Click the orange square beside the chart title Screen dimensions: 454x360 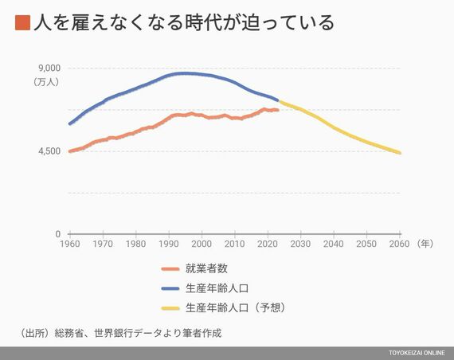(22, 23)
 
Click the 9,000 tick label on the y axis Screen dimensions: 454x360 (49, 68)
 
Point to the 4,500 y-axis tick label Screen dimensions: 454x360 (49, 151)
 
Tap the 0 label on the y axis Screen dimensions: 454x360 (58, 234)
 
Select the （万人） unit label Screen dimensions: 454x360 (46, 82)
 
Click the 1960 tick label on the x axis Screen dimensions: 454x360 (70, 244)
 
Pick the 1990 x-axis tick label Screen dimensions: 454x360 (169, 244)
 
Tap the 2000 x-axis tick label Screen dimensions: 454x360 (202, 244)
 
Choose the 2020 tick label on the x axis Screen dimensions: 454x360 (268, 244)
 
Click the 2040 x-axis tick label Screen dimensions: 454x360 (334, 244)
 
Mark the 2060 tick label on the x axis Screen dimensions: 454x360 (400, 244)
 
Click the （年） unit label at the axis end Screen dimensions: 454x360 (425, 244)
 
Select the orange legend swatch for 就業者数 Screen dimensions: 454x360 (170, 269)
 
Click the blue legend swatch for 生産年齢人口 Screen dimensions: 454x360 (170, 288)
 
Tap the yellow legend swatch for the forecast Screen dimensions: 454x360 (170, 308)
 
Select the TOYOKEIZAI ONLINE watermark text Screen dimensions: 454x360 (417, 353)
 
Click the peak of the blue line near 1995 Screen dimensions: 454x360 (183, 73)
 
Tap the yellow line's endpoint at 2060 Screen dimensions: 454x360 (400, 153)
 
